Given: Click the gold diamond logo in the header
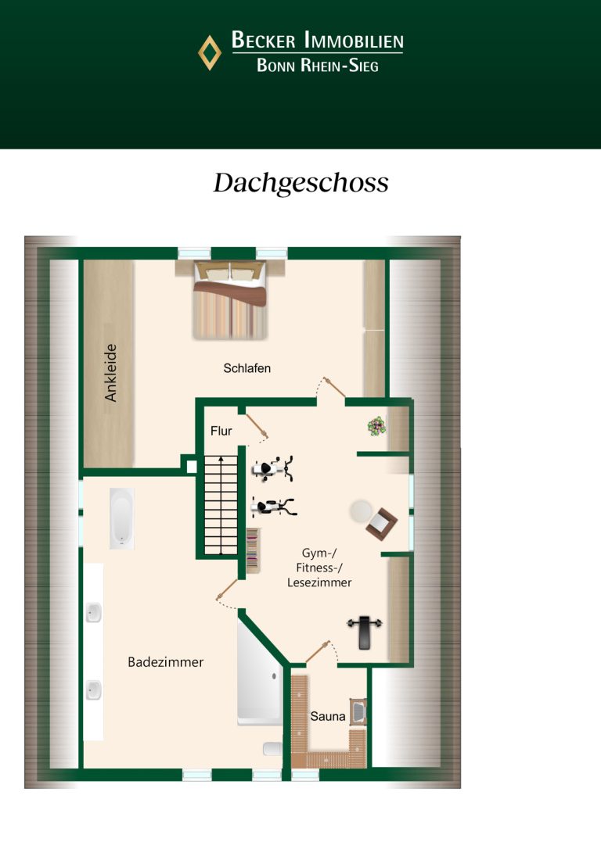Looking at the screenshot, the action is click(210, 52).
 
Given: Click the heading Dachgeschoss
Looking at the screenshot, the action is click(300, 183).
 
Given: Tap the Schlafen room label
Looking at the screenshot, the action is click(247, 368).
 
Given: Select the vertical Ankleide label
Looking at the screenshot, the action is click(110, 373).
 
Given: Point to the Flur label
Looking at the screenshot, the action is click(221, 431).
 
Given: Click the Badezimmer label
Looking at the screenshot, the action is click(165, 662).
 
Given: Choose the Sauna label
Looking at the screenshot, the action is click(327, 716).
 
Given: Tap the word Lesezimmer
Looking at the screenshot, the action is click(319, 582).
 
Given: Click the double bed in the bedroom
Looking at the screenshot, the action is click(230, 300).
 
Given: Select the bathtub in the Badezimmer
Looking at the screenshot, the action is click(121, 518).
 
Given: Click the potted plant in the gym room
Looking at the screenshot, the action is click(376, 426).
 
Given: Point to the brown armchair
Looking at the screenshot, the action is click(381, 523).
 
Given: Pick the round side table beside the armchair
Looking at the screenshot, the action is click(361, 510).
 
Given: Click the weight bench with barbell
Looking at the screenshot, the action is click(365, 631).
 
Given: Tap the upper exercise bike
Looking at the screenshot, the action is click(273, 468).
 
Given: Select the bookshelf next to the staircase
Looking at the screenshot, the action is click(253, 550).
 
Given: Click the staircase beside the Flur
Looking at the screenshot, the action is click(221, 505).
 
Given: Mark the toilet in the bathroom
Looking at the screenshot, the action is click(272, 749).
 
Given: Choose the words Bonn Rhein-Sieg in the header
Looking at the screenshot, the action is click(318, 66).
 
